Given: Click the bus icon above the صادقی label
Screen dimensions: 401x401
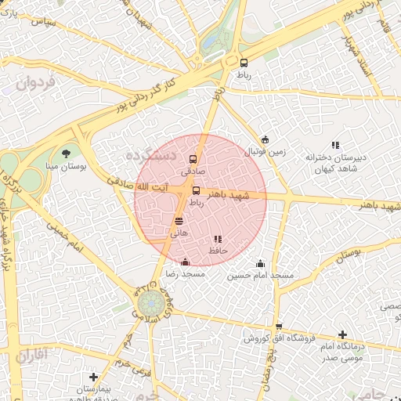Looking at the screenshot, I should coord(193,159).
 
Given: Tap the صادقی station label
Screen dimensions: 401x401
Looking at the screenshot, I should coord(193,170).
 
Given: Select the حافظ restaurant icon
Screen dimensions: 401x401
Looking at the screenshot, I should coord(218,240).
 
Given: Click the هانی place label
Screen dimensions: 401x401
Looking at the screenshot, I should coord(179,233).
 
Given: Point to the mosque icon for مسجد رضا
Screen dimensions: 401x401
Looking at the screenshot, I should coord(185,262).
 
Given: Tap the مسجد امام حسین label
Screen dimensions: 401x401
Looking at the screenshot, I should coord(260,276).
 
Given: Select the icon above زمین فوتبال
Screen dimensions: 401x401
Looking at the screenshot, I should coord(265,140).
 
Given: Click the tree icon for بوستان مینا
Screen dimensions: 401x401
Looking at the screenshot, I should coord(67,154).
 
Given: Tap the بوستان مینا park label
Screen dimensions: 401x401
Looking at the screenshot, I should coord(67,166).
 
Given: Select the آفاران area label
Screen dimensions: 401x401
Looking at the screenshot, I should coord(31,356).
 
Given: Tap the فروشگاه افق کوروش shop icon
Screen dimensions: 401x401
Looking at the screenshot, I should coord(278,327).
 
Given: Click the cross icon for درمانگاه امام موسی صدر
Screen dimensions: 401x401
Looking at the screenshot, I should coord(342,334).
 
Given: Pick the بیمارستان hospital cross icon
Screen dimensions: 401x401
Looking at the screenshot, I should coord(94,377).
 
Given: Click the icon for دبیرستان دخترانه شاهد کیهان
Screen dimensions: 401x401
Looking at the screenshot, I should coord(336,145).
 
